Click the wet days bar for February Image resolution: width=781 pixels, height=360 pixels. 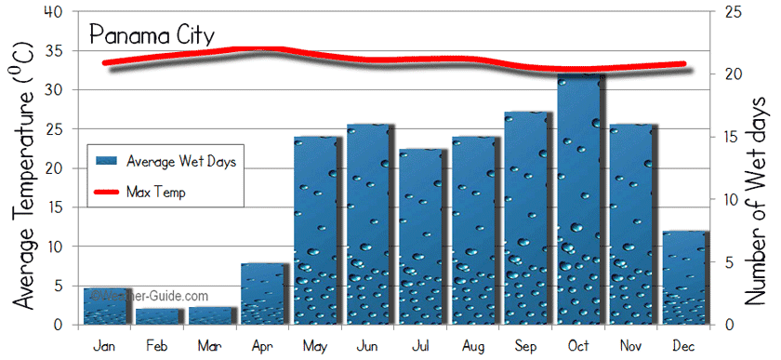click(159, 316)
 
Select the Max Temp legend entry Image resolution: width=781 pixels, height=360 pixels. click(156, 193)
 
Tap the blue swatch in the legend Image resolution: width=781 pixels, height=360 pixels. click(107, 161)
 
